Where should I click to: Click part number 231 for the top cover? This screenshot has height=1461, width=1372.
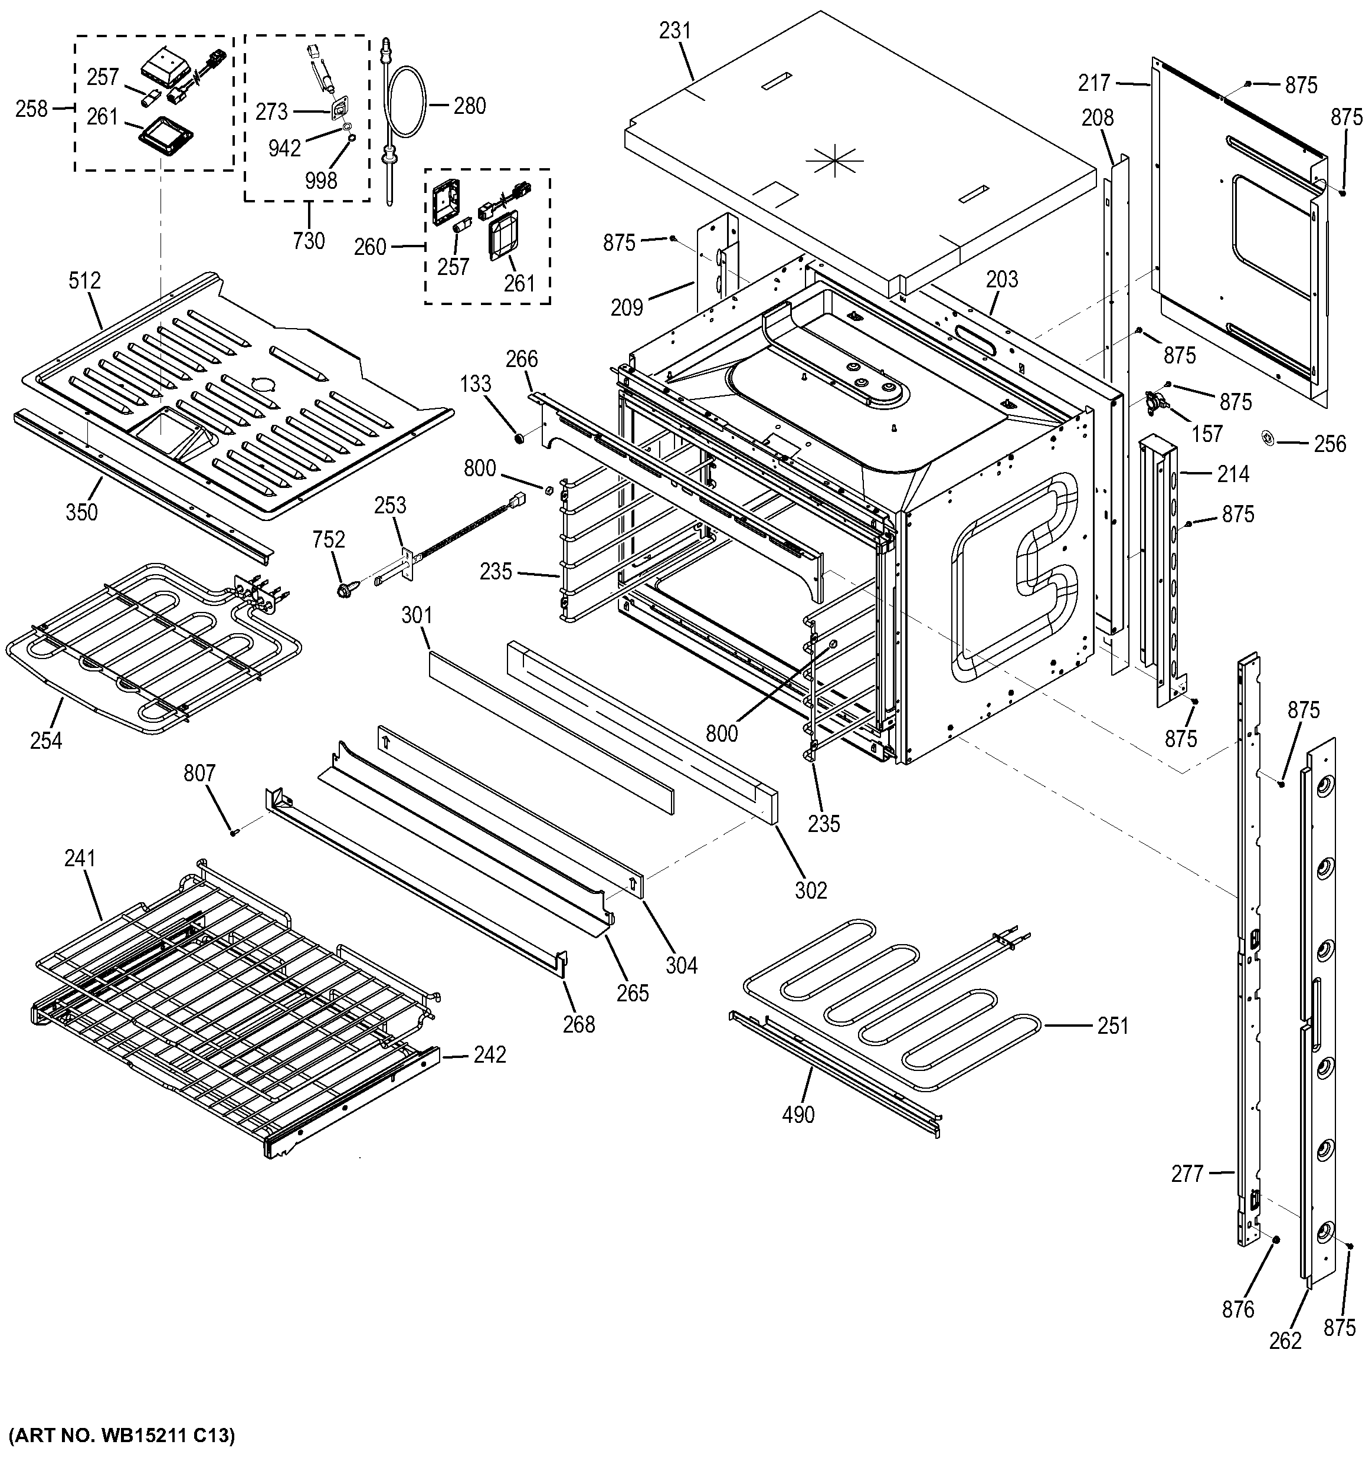pyautogui.click(x=674, y=30)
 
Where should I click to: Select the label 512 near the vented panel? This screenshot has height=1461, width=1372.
pyautogui.click(x=84, y=280)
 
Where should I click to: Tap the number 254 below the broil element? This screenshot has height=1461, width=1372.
pyautogui.click(x=45, y=740)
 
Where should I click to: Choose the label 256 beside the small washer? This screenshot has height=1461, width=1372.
pyautogui.click(x=1330, y=443)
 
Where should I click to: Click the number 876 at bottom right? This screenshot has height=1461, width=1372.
pyautogui.click(x=1237, y=1309)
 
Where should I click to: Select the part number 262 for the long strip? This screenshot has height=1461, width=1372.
pyautogui.click(x=1285, y=1341)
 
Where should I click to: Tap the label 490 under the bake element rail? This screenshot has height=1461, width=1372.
pyautogui.click(x=798, y=1115)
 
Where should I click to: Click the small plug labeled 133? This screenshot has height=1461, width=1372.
pyautogui.click(x=519, y=439)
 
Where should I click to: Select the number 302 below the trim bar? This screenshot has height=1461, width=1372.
pyautogui.click(x=811, y=890)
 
